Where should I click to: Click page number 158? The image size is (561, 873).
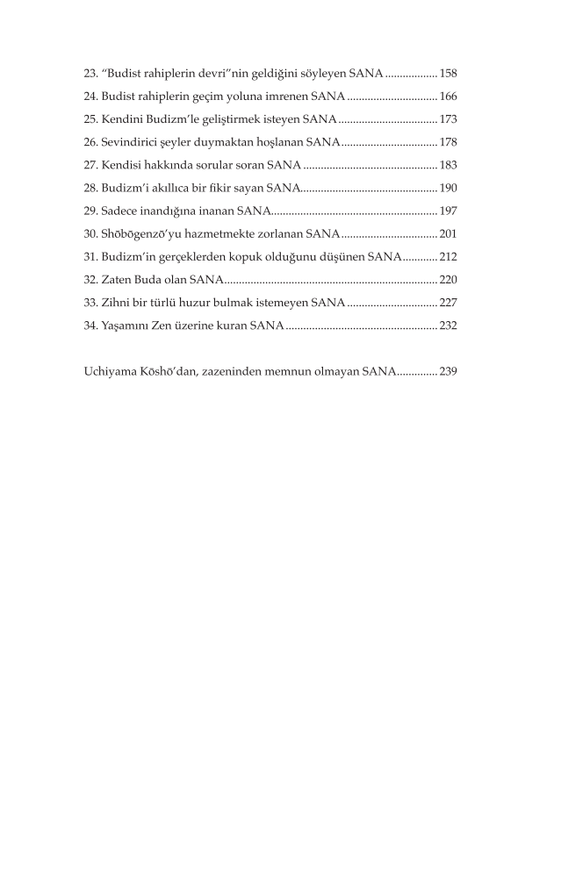tap(448, 73)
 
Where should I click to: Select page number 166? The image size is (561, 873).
tap(448, 96)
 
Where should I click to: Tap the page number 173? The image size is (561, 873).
tap(448, 118)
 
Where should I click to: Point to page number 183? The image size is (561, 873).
tap(448, 165)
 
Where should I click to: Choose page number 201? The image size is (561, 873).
tap(448, 233)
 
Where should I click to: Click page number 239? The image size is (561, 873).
tap(448, 371)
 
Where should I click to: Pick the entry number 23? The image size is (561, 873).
tap(89, 73)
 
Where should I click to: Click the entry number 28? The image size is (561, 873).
tap(89, 188)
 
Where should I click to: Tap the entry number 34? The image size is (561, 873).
tap(89, 326)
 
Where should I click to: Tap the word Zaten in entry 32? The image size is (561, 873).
tap(116, 280)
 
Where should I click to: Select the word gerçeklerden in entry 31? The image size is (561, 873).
tap(187, 256)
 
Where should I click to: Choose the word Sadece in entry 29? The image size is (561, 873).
tap(119, 211)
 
